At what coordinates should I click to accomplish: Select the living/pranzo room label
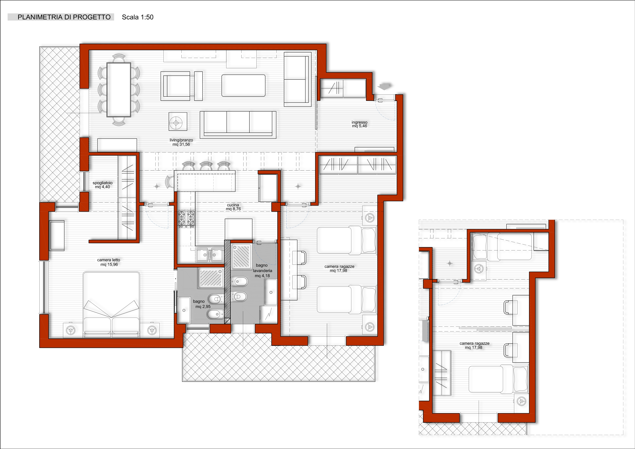click(x=181, y=142)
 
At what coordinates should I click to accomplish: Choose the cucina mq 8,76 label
click(x=233, y=207)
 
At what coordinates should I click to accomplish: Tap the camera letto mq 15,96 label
click(x=109, y=262)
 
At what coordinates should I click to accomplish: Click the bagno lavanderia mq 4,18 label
click(x=262, y=270)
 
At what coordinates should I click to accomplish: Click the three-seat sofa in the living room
click(x=238, y=125)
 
